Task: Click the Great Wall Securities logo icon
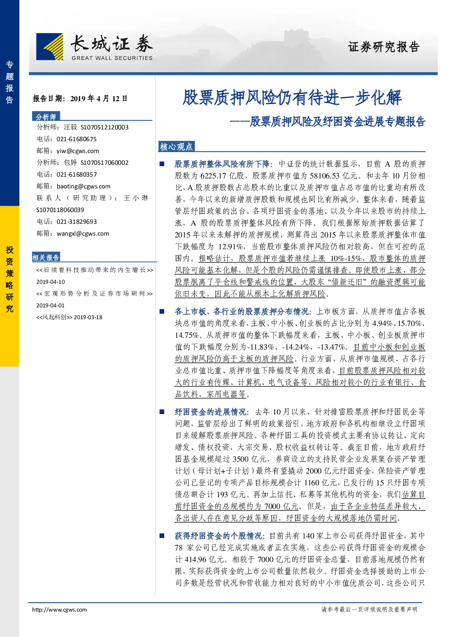[x=50, y=47]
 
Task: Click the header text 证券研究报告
[x=384, y=47]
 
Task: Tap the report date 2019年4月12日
[x=99, y=99]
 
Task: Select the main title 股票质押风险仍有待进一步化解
[x=292, y=98]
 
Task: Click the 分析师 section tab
[x=46, y=116]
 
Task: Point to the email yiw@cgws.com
[x=78, y=151]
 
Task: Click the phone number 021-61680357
[x=77, y=175]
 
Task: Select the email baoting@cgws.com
[x=83, y=186]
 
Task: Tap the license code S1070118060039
[x=60, y=210]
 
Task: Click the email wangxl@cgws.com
[x=83, y=233]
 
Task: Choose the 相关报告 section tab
[x=46, y=257]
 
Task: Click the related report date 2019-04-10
[x=50, y=282]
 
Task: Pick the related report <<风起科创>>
[x=54, y=317]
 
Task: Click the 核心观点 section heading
[x=176, y=147]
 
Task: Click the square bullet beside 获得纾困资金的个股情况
[x=162, y=536]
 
